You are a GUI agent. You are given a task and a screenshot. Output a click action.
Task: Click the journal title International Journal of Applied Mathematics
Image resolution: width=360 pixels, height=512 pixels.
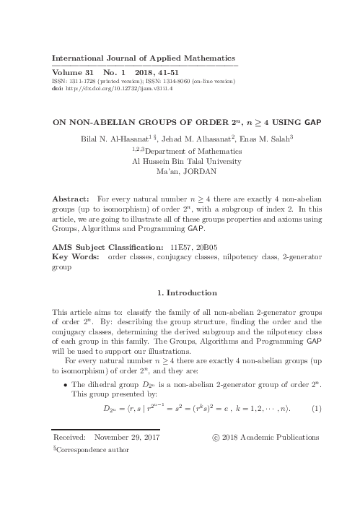144,57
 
